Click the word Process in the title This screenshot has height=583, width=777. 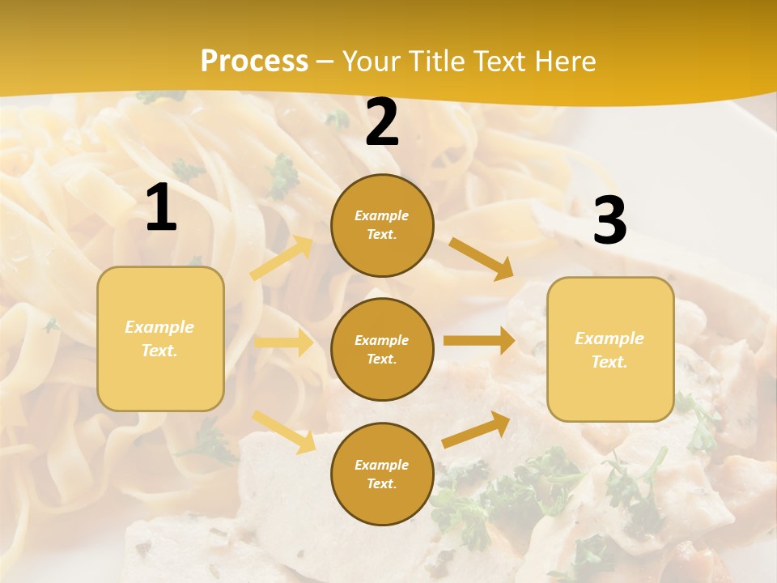tap(254, 62)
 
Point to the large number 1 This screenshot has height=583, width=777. tap(161, 209)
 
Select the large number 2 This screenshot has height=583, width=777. tap(382, 123)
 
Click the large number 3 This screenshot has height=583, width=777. tap(609, 222)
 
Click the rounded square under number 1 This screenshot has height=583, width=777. tap(160, 338)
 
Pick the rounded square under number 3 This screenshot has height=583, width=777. tap(610, 350)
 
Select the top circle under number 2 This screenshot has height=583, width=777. tap(382, 225)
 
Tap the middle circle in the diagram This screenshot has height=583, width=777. tap(382, 350)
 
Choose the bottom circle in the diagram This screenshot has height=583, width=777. tap(382, 474)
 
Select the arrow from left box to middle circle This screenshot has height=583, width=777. tap(283, 343)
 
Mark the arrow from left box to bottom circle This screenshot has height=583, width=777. tap(283, 431)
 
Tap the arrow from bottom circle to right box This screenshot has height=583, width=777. tap(476, 429)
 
